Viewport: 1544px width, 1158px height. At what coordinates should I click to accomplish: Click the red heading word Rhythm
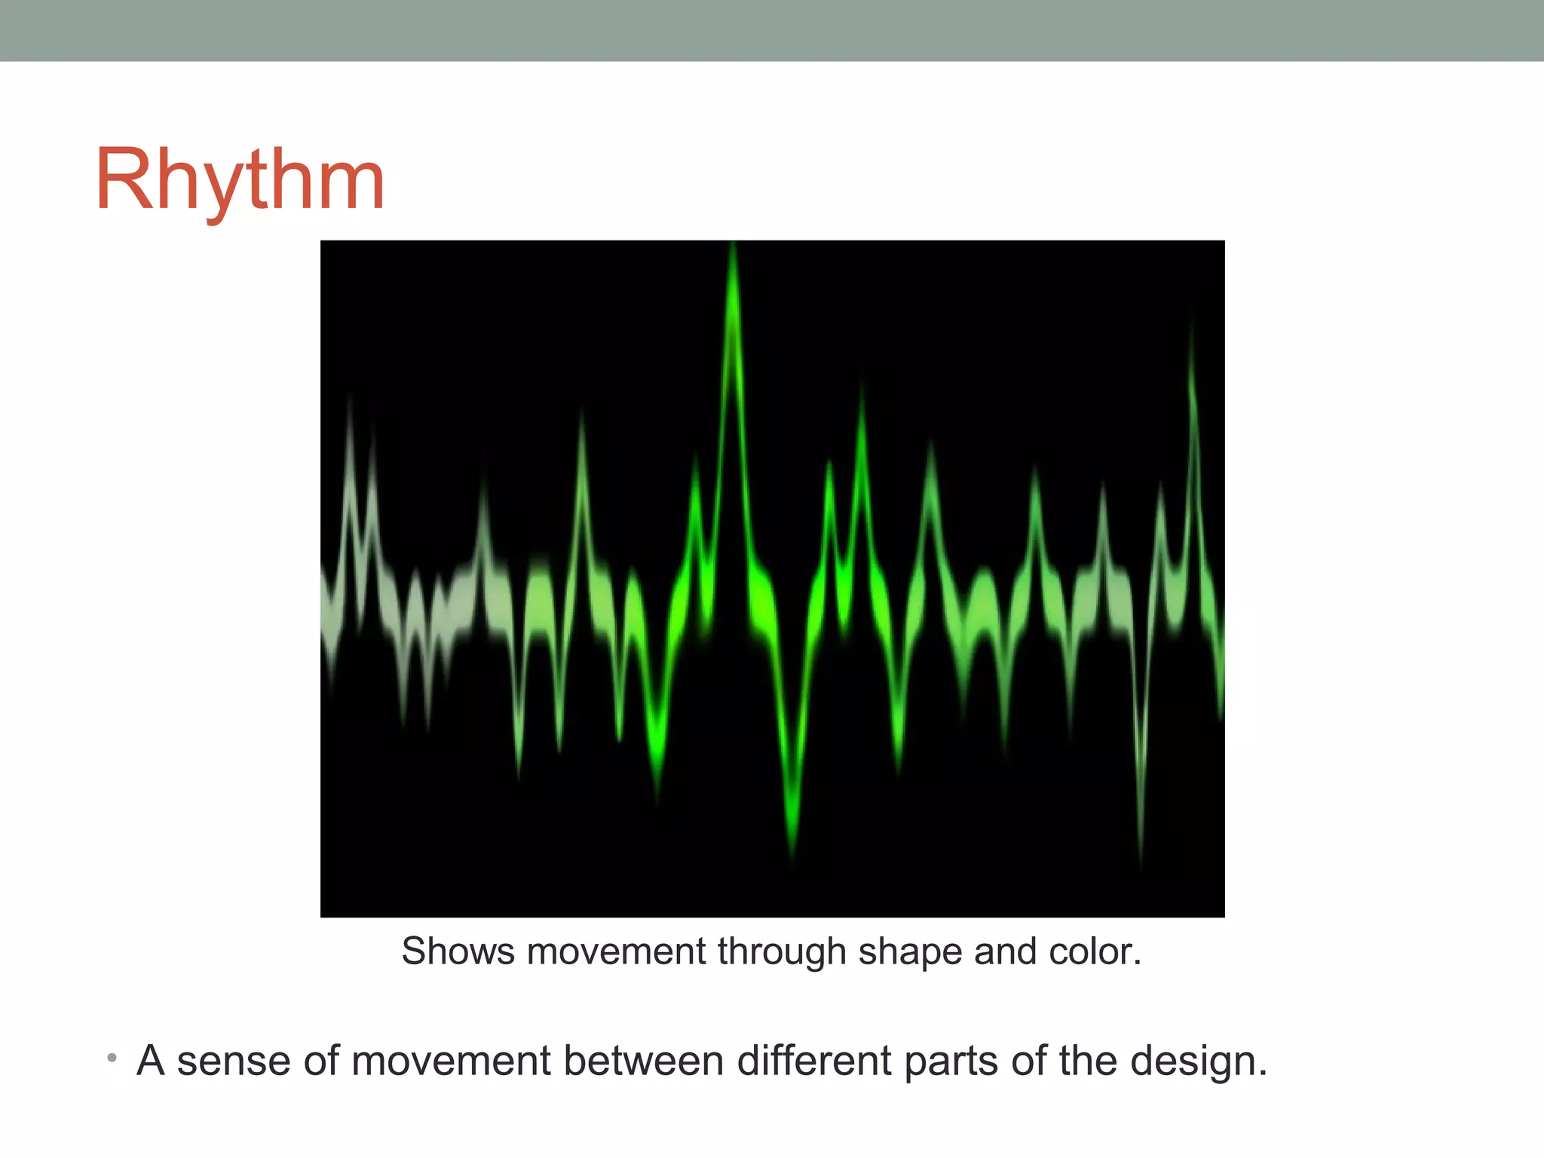[240, 181]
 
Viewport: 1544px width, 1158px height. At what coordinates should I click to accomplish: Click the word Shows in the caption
[458, 951]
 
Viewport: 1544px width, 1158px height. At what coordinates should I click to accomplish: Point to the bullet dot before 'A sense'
[112, 1058]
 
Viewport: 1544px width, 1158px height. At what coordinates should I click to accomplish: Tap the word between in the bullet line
[644, 1061]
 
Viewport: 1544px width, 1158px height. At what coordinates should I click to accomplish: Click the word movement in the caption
[616, 951]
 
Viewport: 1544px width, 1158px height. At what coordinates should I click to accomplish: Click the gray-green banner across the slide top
[772, 30]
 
